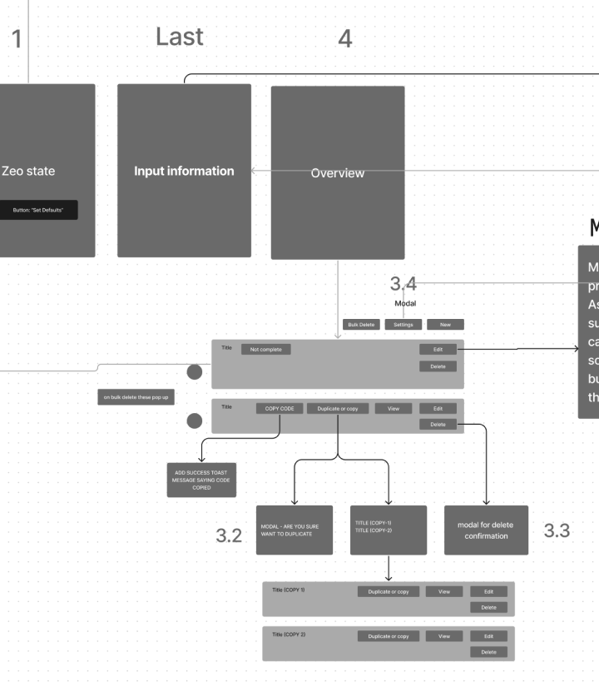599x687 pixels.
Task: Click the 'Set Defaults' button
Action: point(38,211)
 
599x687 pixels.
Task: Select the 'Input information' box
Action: point(184,171)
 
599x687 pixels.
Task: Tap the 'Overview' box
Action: point(338,172)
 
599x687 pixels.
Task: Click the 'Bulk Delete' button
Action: point(362,325)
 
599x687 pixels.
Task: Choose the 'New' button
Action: point(445,325)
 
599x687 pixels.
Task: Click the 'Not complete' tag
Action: point(266,350)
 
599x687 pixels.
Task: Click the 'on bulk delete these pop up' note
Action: point(136,398)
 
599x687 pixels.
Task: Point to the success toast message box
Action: point(201,480)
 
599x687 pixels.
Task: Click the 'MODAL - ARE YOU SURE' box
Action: point(295,530)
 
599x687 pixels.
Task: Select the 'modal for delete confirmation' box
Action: point(486,530)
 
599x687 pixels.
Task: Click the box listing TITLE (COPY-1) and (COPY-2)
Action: point(389,530)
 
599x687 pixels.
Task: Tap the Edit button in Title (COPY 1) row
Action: point(488,591)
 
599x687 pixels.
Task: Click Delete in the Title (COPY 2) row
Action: point(488,652)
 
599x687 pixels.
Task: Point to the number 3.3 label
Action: point(557,530)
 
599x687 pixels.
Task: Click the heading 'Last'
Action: point(179,37)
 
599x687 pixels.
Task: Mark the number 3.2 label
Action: point(229,535)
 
